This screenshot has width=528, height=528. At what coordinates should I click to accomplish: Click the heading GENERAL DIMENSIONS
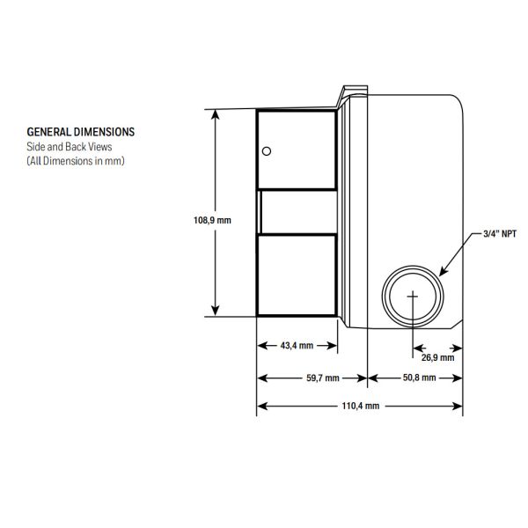(x=81, y=131)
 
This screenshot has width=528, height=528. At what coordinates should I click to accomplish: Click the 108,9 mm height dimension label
(x=212, y=220)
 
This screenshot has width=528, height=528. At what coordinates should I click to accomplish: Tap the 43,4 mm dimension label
(x=297, y=346)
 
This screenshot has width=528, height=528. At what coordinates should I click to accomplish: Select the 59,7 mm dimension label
(x=321, y=377)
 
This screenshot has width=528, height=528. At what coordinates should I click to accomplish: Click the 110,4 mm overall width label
(x=361, y=406)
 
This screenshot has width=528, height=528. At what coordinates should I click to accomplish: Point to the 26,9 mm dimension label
(x=436, y=358)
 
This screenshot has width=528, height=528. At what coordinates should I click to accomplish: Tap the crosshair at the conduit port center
(x=412, y=297)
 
